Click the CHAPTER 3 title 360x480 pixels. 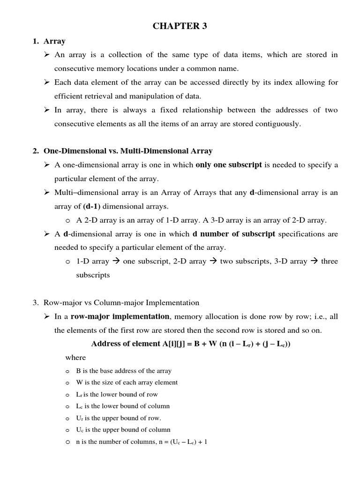tap(180, 26)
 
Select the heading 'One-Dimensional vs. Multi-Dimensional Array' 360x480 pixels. tap(127, 151)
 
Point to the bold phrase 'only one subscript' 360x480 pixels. tap(228, 165)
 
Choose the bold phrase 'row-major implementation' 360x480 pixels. tap(120, 316)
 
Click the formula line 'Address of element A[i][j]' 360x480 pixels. tap(187, 344)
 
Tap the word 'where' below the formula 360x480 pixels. tap(75, 358)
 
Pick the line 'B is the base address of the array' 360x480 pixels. tap(124, 371)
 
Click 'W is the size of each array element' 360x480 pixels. tap(127, 382)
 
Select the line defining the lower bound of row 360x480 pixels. tap(117, 394)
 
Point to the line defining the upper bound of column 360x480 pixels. tap(123, 429)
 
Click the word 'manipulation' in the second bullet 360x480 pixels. tap(150, 96)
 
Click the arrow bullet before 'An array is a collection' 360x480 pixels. tap(47, 55)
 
